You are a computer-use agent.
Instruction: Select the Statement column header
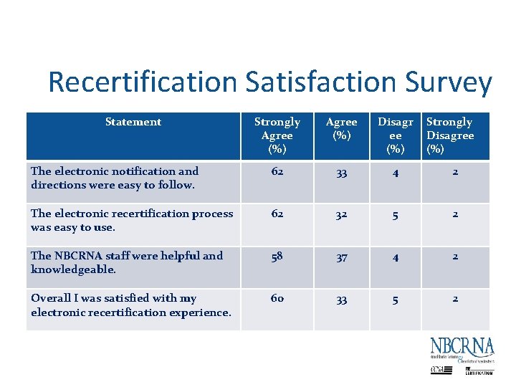click(x=133, y=122)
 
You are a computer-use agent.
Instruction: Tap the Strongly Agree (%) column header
click(x=277, y=135)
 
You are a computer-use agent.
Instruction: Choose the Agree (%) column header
click(x=342, y=128)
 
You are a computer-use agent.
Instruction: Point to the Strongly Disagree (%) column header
click(x=450, y=135)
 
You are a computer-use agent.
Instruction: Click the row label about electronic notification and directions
click(x=115, y=178)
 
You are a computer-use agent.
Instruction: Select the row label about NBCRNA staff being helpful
click(x=127, y=262)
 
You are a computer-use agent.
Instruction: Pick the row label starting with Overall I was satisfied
click(x=130, y=305)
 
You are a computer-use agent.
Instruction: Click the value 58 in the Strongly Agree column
click(x=277, y=257)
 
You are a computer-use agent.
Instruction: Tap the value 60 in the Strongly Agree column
click(x=277, y=299)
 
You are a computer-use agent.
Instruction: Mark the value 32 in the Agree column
click(x=342, y=215)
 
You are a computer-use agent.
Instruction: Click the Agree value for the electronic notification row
click(x=342, y=173)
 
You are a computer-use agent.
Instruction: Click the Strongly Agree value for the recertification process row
click(x=277, y=214)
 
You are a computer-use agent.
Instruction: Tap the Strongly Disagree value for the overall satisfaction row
click(x=454, y=299)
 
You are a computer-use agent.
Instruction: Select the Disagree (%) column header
click(x=396, y=135)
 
